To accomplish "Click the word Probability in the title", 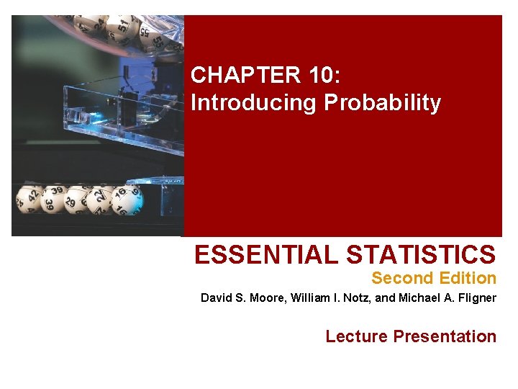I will tap(382, 103).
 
